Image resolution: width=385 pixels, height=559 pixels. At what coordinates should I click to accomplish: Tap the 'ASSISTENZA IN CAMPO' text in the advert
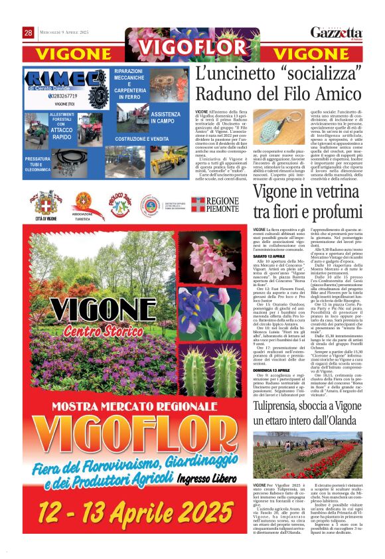point(165,118)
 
